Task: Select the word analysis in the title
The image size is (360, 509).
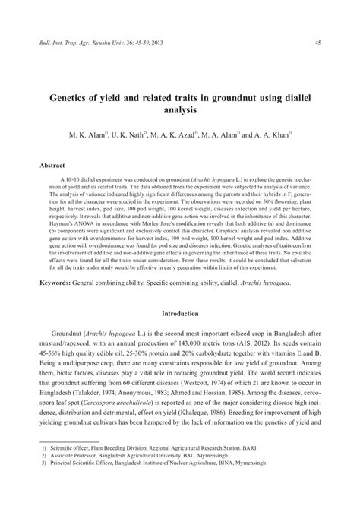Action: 180,111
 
